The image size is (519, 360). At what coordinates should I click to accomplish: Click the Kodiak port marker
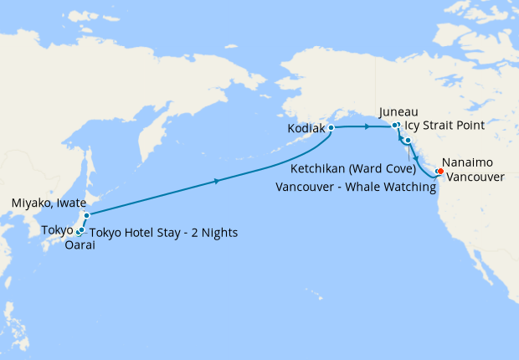coord(331,128)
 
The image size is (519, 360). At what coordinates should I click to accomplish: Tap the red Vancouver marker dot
coord(441,172)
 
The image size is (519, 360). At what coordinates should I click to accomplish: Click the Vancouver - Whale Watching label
coord(356,188)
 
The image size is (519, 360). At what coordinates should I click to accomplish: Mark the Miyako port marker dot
coord(86,215)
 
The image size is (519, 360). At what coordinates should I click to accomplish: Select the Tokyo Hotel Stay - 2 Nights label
coord(164,232)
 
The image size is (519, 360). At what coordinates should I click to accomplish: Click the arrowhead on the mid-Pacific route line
coord(219,181)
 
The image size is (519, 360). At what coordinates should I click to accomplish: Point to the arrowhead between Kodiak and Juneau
coord(368,126)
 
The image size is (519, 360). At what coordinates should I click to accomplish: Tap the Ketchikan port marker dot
coord(408,141)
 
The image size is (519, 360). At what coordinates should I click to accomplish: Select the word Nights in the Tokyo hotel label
coord(221,232)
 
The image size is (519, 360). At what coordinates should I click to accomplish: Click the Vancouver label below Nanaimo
coord(475,177)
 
